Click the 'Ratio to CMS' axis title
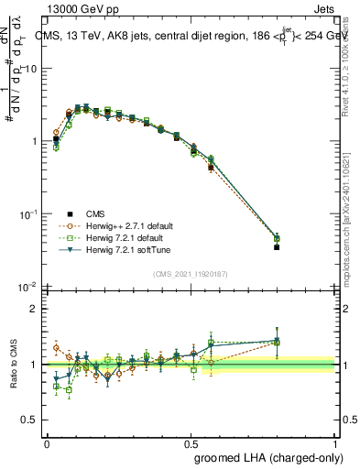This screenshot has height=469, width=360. pyautogui.click(x=13, y=364)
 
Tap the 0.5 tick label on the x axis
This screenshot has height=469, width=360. pyautogui.click(x=191, y=443)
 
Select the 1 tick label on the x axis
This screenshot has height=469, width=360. pyautogui.click(x=334, y=443)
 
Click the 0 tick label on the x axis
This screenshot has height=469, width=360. pyautogui.click(x=47, y=443)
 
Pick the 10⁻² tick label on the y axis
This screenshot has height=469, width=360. pyautogui.click(x=29, y=286)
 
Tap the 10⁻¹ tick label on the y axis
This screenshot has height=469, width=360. pyautogui.click(x=29, y=213)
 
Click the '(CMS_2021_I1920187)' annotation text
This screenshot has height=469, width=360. pyautogui.click(x=190, y=272)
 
